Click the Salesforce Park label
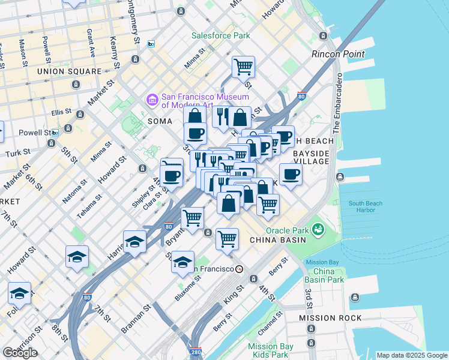point(220,35)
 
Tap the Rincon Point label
point(338,54)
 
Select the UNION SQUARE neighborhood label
point(69,71)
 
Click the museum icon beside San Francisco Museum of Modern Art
point(151,100)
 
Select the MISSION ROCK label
point(330,318)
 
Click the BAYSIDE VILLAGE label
point(311,157)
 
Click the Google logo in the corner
point(20,353)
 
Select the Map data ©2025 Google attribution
point(411,355)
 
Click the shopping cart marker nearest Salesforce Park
point(243,67)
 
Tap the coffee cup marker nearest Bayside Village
point(291,175)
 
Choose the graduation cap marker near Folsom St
point(20,295)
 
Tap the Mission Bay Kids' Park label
point(271,350)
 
